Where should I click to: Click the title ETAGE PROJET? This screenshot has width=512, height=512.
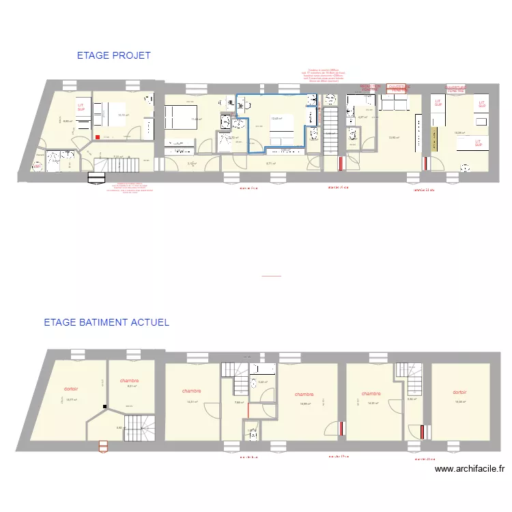[x=113, y=56]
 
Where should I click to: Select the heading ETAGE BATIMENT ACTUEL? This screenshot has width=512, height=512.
[x=106, y=322]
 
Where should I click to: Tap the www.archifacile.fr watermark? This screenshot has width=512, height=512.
[x=469, y=469]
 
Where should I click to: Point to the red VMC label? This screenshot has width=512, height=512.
[x=38, y=165]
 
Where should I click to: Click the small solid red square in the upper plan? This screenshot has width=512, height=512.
[x=98, y=137]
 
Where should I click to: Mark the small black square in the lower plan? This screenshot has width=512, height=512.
[x=104, y=407]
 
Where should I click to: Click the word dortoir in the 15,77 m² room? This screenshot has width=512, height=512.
[x=71, y=388]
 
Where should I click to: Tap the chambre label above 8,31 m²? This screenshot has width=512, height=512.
[x=129, y=380]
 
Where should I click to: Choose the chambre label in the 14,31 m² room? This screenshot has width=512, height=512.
[x=191, y=391]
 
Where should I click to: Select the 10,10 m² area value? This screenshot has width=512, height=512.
[x=124, y=115]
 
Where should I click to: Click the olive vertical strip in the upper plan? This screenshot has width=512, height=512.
[x=433, y=139]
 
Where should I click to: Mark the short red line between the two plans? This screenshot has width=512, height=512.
[x=271, y=276]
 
